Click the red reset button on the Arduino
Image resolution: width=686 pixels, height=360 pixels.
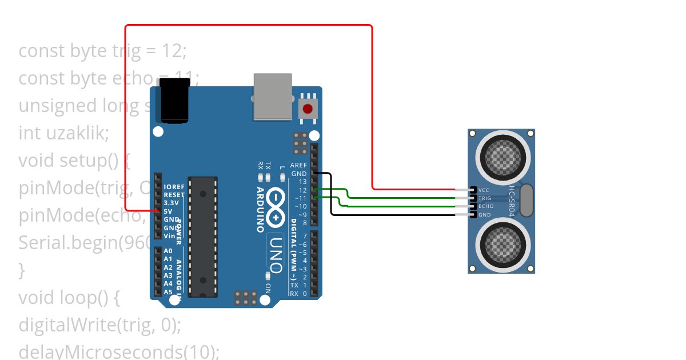tap(308, 108)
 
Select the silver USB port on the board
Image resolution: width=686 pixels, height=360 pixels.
tap(273, 97)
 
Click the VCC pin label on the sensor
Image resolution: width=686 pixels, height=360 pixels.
tap(484, 190)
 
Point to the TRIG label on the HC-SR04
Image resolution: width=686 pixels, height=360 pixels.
tap(485, 198)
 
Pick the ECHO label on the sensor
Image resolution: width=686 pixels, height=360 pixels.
tap(485, 206)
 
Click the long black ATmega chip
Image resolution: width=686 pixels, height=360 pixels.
tap(203, 237)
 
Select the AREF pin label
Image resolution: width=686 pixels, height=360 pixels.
tap(298, 165)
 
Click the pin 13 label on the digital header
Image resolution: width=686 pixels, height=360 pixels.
tap(302, 182)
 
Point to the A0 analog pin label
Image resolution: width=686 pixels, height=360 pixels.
tap(168, 251)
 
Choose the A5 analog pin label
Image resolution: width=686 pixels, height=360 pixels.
tap(168, 292)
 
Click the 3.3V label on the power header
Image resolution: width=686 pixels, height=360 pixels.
tap(171, 203)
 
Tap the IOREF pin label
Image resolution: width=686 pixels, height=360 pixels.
tap(174, 187)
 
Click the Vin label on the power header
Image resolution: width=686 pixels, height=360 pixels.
tap(170, 235)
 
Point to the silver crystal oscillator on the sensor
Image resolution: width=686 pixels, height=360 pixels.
tap(527, 201)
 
